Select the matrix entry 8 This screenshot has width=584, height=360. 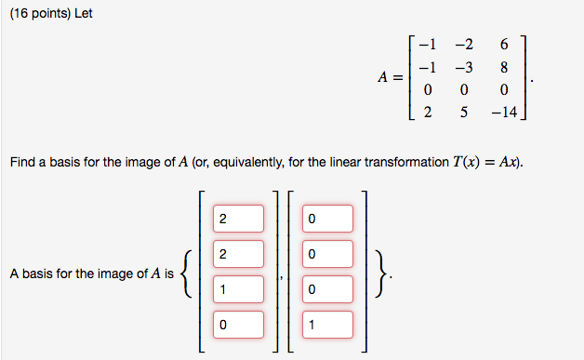[x=503, y=67]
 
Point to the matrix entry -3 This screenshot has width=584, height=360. [x=464, y=67]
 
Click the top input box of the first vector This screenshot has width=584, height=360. [x=237, y=219]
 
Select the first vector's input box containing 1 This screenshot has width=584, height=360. [x=237, y=289]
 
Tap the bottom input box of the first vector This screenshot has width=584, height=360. [x=237, y=325]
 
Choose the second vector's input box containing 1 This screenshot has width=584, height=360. [x=327, y=325]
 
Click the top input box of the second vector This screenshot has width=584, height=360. [x=327, y=219]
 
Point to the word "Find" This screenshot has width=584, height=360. [x=22, y=163]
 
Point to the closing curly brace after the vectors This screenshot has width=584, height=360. [x=383, y=273]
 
